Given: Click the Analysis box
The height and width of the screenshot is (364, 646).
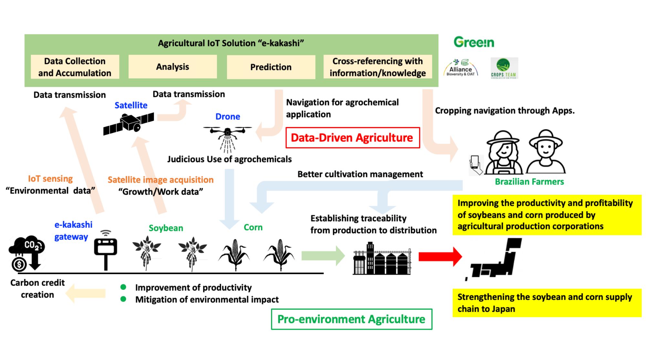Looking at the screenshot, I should (172, 67).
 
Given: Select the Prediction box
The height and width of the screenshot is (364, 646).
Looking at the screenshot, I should (271, 67).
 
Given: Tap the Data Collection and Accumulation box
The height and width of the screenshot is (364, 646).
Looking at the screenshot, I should (75, 67).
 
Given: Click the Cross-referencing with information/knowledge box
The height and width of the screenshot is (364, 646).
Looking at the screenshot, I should (377, 67).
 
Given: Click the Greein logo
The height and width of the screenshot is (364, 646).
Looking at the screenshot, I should (474, 42).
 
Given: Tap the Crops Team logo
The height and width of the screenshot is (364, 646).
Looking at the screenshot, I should (504, 68).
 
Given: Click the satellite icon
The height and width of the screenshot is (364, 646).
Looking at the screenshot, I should (129, 124).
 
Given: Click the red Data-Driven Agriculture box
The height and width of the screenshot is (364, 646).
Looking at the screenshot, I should (352, 138).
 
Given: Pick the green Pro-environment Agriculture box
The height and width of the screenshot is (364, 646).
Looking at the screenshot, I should (351, 319).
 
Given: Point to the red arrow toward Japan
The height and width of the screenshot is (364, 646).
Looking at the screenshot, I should (440, 257).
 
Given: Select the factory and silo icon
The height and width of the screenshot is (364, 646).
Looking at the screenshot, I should (382, 259).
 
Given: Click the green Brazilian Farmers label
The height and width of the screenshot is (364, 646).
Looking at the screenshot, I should (529, 182).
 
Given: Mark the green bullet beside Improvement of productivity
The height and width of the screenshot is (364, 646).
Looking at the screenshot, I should (123, 287).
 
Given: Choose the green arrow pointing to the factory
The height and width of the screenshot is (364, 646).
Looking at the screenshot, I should (323, 256).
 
